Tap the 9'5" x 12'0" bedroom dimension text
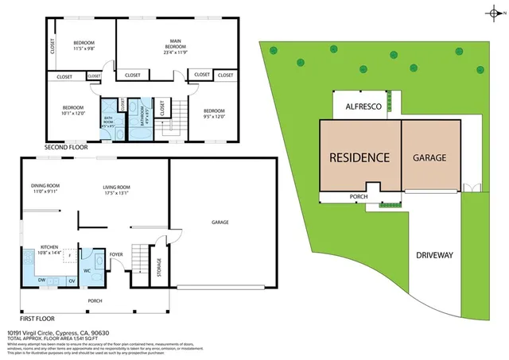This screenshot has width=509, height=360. (215, 116)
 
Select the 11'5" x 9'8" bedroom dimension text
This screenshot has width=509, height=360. (84, 48)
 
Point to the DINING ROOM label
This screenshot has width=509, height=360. (46, 186)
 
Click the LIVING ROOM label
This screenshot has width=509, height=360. (116, 188)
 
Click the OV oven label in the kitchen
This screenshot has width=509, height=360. (72, 280)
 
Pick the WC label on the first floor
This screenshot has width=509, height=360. (87, 269)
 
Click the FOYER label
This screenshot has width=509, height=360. (115, 255)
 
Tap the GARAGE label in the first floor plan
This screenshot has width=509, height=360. (220, 222)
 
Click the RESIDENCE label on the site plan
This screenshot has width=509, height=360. (359, 157)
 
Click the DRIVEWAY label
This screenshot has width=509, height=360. (434, 255)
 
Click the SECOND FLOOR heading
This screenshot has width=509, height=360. (66, 148)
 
